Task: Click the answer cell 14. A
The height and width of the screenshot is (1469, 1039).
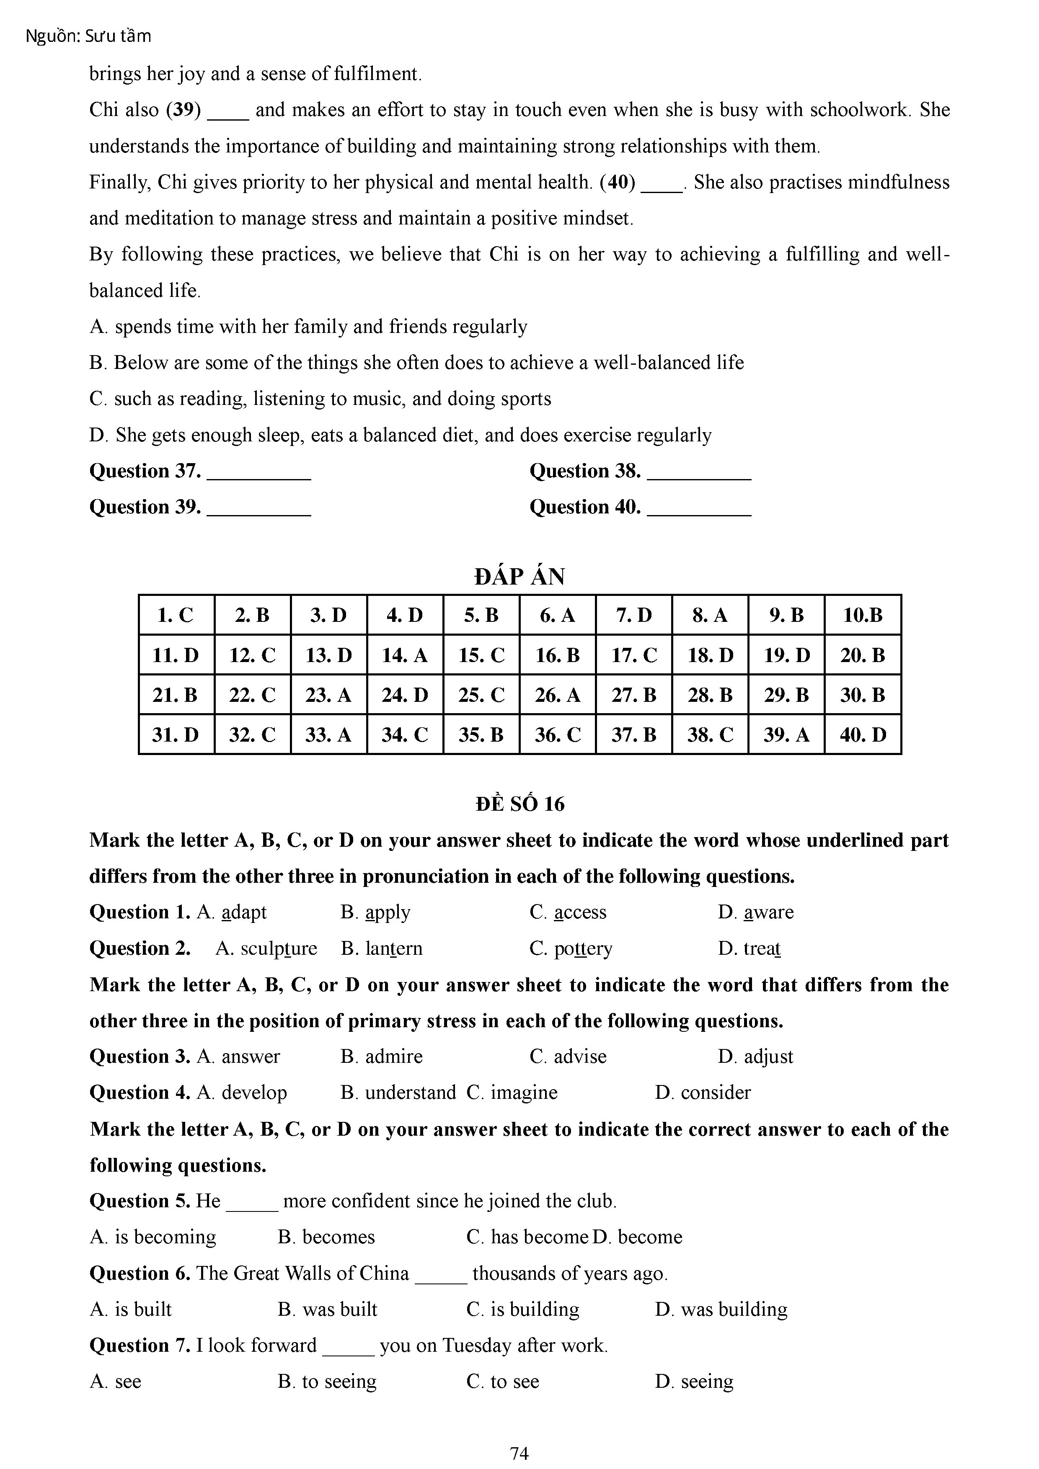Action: pos(405,655)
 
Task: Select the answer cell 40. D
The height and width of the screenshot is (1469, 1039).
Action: pos(863,734)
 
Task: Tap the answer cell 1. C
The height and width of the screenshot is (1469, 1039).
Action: pos(176,616)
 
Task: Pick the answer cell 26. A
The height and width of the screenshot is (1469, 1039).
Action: pos(557,695)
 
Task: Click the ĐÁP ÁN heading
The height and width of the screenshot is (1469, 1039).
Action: pos(519,577)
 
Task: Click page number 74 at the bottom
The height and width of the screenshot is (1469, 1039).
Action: pos(519,1454)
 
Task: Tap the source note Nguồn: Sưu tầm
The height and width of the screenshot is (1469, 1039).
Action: pos(88,36)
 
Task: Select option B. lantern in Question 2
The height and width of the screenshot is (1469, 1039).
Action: pos(382,948)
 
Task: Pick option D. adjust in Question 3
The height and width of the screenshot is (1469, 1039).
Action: pos(755,1057)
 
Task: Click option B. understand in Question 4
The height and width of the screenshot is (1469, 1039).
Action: pos(398,1092)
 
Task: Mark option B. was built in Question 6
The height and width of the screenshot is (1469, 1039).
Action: pos(328,1309)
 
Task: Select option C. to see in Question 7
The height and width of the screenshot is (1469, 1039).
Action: pos(503,1381)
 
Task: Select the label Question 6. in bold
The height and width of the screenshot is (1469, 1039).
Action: pos(140,1273)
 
